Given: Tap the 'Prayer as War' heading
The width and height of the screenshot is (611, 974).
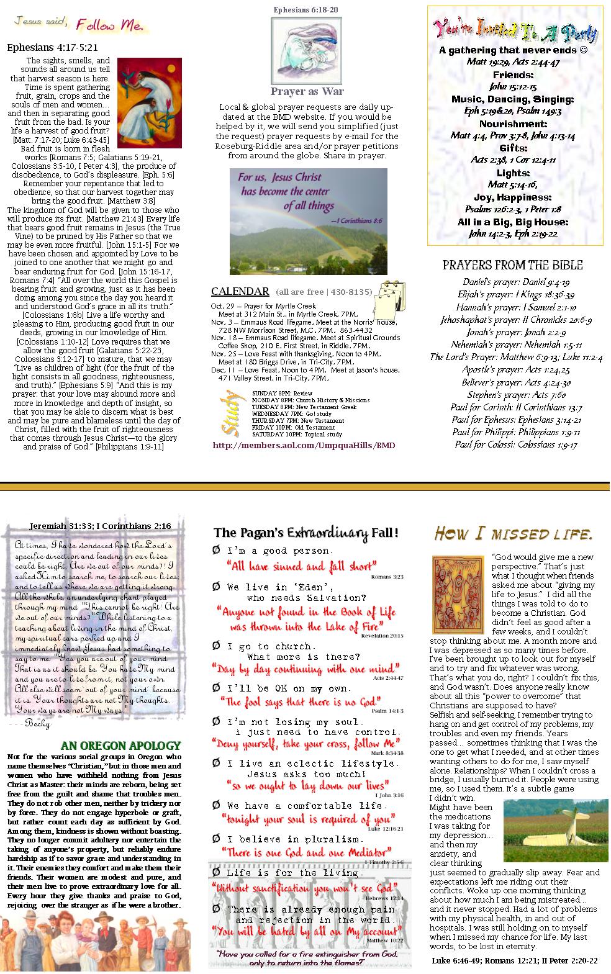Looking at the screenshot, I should (307, 91).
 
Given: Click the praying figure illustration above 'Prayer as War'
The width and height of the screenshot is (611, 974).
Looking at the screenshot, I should (306, 50).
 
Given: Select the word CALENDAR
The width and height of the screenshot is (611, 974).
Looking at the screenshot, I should (240, 291).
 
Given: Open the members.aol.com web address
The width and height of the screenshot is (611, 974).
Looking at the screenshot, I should (304, 445).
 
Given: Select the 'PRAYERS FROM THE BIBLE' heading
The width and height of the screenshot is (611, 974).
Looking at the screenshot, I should (512, 265).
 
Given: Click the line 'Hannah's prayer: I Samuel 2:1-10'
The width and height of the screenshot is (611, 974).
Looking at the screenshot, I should (516, 307).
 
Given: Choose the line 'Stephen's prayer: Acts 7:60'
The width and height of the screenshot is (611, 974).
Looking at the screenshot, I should (516, 395).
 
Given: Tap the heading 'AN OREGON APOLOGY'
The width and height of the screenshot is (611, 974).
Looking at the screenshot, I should (120, 745).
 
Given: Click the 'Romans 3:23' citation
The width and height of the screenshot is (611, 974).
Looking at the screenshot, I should (387, 577).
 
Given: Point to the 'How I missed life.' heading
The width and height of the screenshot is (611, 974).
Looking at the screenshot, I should (513, 533).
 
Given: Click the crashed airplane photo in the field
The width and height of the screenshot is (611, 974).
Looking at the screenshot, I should (555, 830).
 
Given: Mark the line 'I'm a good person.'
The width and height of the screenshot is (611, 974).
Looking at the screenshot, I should (280, 551).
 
